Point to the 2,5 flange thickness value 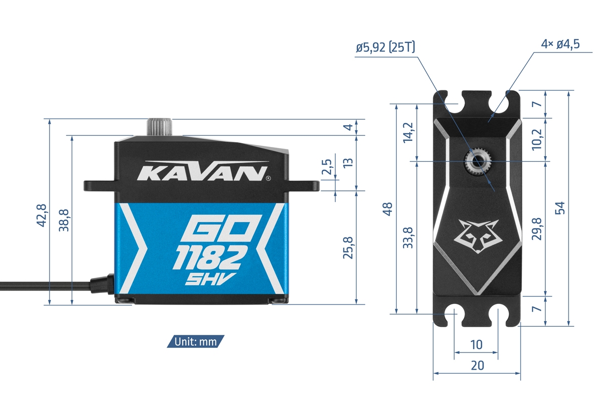click(327, 168)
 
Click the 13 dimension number click(348, 163)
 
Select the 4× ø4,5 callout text click(560, 44)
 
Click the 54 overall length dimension click(559, 208)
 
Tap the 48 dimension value click(388, 209)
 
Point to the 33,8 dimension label click(409, 237)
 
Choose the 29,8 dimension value click(537, 229)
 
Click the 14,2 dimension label click(409, 133)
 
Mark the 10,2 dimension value click(537, 139)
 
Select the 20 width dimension click(477, 366)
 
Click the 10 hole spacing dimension click(476, 344)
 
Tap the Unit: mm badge click(196, 342)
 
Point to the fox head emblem click(478, 235)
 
